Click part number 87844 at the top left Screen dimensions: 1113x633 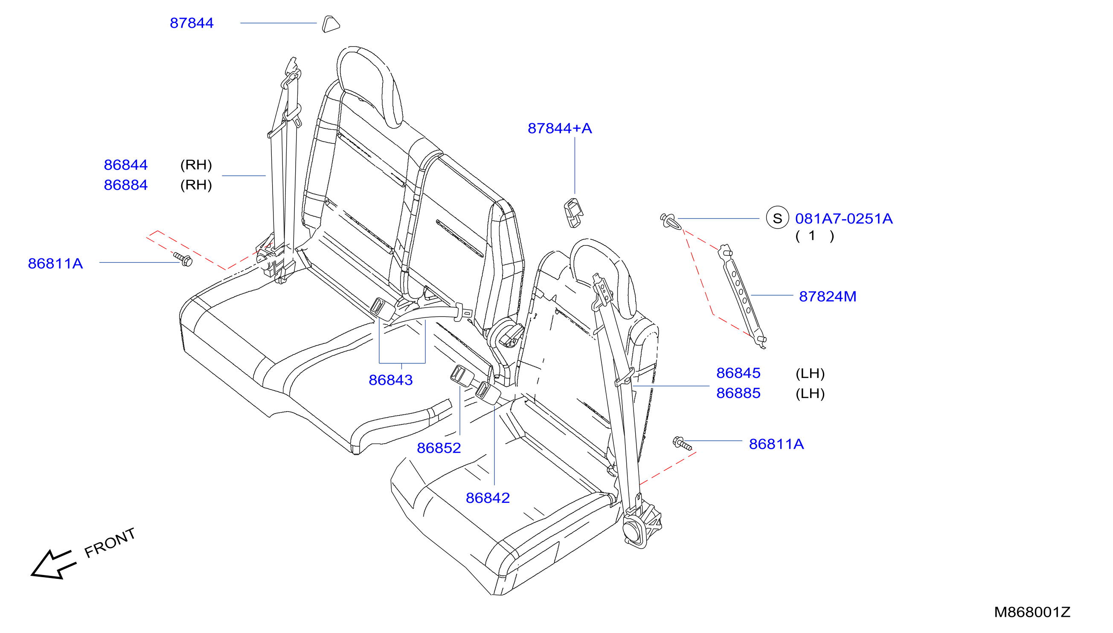tap(191, 23)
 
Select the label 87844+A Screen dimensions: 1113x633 tap(560, 128)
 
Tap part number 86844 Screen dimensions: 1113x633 tap(126, 165)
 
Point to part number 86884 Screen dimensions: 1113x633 tap(126, 185)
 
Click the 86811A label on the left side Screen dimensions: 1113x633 tap(55, 264)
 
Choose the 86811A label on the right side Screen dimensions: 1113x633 tap(776, 444)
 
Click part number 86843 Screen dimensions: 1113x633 tap(390, 380)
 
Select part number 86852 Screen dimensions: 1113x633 tap(439, 448)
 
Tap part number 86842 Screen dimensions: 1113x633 tap(487, 498)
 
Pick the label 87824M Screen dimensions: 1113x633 tap(827, 296)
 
